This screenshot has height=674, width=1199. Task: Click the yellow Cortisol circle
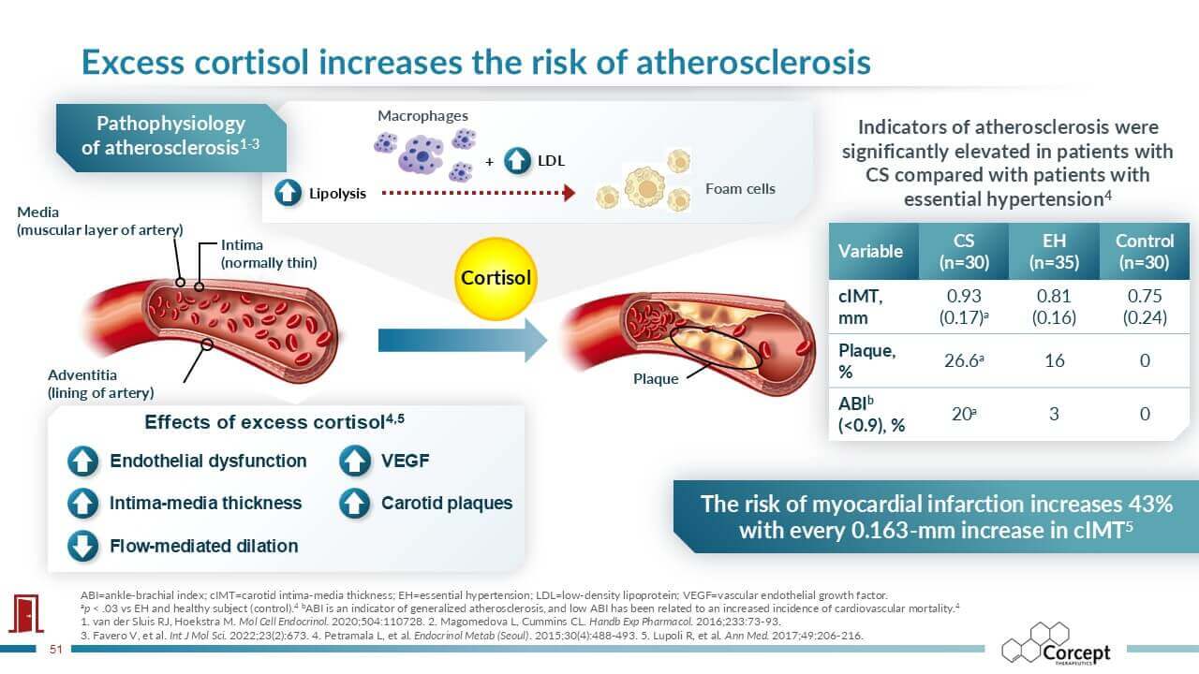[x=496, y=279]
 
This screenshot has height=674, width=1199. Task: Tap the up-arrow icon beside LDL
[x=517, y=160]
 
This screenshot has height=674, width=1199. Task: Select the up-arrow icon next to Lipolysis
[x=288, y=193]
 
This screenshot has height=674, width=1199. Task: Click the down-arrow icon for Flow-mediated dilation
[x=83, y=546]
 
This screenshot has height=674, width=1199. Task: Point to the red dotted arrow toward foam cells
[x=478, y=193]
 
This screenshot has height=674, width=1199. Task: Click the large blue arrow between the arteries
[x=463, y=341]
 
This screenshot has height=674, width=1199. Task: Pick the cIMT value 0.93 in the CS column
[x=964, y=296]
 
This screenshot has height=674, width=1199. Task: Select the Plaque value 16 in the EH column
[x=1054, y=360]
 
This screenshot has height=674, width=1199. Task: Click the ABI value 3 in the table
[x=1054, y=414]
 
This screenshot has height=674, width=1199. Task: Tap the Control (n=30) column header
[x=1145, y=252]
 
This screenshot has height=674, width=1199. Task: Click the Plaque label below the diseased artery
[x=656, y=379]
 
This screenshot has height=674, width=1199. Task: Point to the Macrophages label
[x=422, y=115]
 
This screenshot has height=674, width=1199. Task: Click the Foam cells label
[x=740, y=189]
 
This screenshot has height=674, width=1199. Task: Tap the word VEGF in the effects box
[x=406, y=461]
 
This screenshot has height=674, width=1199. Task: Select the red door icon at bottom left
[x=25, y=613]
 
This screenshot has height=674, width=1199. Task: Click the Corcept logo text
[x=1076, y=652]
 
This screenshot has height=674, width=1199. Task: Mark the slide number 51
[x=56, y=650]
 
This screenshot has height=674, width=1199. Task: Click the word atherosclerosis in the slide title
[x=753, y=62]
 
